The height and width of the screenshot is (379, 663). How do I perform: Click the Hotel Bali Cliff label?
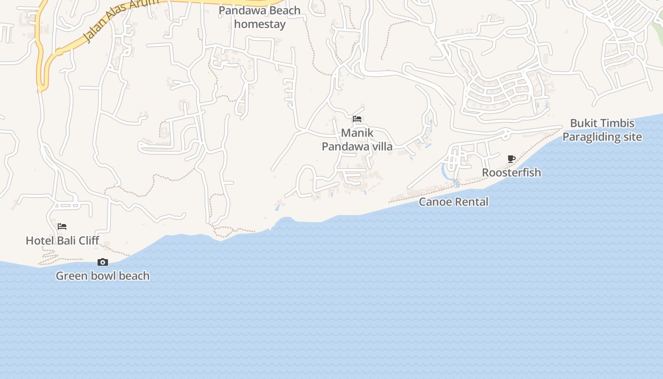click(63, 241)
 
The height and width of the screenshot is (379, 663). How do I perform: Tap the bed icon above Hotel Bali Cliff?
click(62, 226)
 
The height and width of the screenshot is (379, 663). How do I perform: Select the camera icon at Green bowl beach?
click(103, 262)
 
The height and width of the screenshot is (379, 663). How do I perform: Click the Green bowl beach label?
click(103, 276)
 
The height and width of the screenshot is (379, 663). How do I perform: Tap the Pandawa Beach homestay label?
click(260, 17)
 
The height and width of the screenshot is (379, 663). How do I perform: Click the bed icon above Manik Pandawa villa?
click(357, 119)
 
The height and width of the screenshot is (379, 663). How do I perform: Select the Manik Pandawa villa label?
click(357, 140)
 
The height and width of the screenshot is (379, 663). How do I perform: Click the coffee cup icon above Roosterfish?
click(511, 159)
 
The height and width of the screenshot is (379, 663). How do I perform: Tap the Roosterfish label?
click(511, 172)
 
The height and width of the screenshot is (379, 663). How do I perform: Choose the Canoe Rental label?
click(454, 202)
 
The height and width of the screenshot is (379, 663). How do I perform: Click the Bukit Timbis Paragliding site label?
click(602, 130)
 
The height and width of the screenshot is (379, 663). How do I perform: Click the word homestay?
click(260, 24)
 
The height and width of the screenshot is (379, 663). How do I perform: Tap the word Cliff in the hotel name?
click(89, 241)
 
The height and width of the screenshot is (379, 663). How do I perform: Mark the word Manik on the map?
click(357, 133)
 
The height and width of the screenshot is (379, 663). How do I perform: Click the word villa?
click(381, 146)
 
